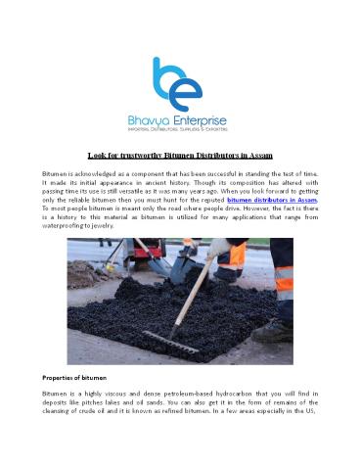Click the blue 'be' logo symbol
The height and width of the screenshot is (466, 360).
180,83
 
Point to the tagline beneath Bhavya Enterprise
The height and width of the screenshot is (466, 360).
179,130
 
